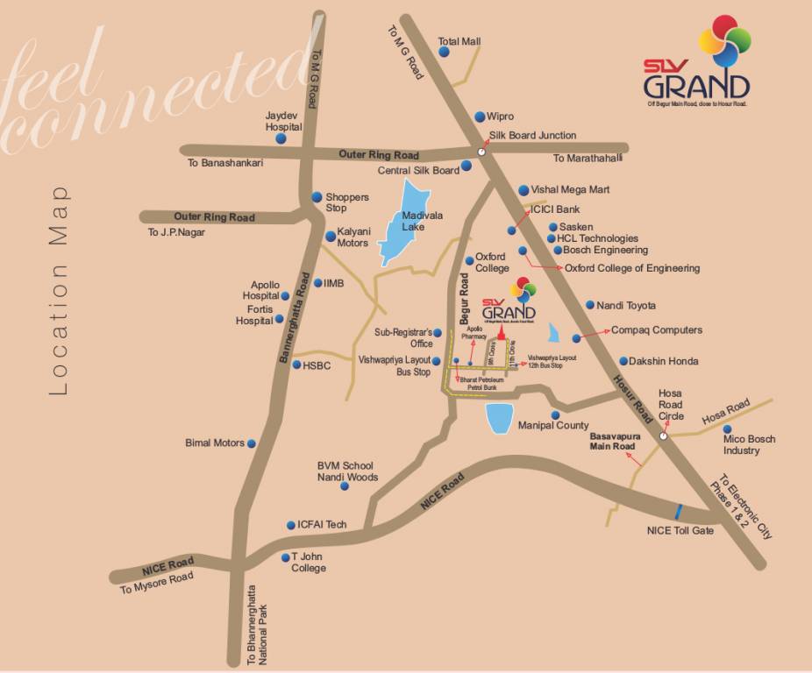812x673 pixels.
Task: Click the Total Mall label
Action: (459, 41)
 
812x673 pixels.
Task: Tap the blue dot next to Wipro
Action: (480, 117)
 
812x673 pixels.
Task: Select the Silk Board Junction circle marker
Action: (481, 152)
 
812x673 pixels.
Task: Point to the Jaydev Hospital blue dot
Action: (281, 138)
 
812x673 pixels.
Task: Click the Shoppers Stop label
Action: (347, 202)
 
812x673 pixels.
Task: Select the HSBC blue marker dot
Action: (296, 365)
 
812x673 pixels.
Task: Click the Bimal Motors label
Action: (215, 443)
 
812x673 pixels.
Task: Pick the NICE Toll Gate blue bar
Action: (679, 511)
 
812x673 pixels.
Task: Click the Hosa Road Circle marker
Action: (664, 435)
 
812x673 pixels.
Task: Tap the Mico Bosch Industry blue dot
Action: (728, 429)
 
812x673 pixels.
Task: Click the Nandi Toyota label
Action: (626, 306)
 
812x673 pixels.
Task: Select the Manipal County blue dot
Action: (555, 414)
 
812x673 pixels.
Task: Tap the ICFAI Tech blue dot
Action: (290, 526)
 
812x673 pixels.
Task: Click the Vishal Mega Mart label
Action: (570, 189)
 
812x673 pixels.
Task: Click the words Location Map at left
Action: (59, 290)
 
